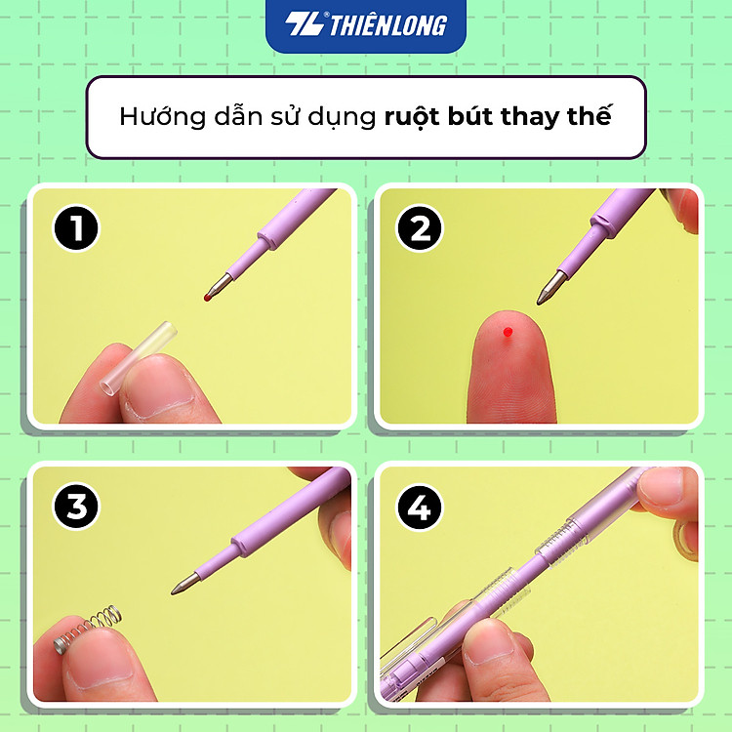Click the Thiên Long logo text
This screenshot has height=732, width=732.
coord(387,25)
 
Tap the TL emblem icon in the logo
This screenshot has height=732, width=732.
coord(304,25)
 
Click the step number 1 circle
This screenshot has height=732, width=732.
coord(77,230)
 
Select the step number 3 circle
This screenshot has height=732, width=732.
coord(77,508)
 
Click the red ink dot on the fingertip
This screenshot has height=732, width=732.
coord(507,333)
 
